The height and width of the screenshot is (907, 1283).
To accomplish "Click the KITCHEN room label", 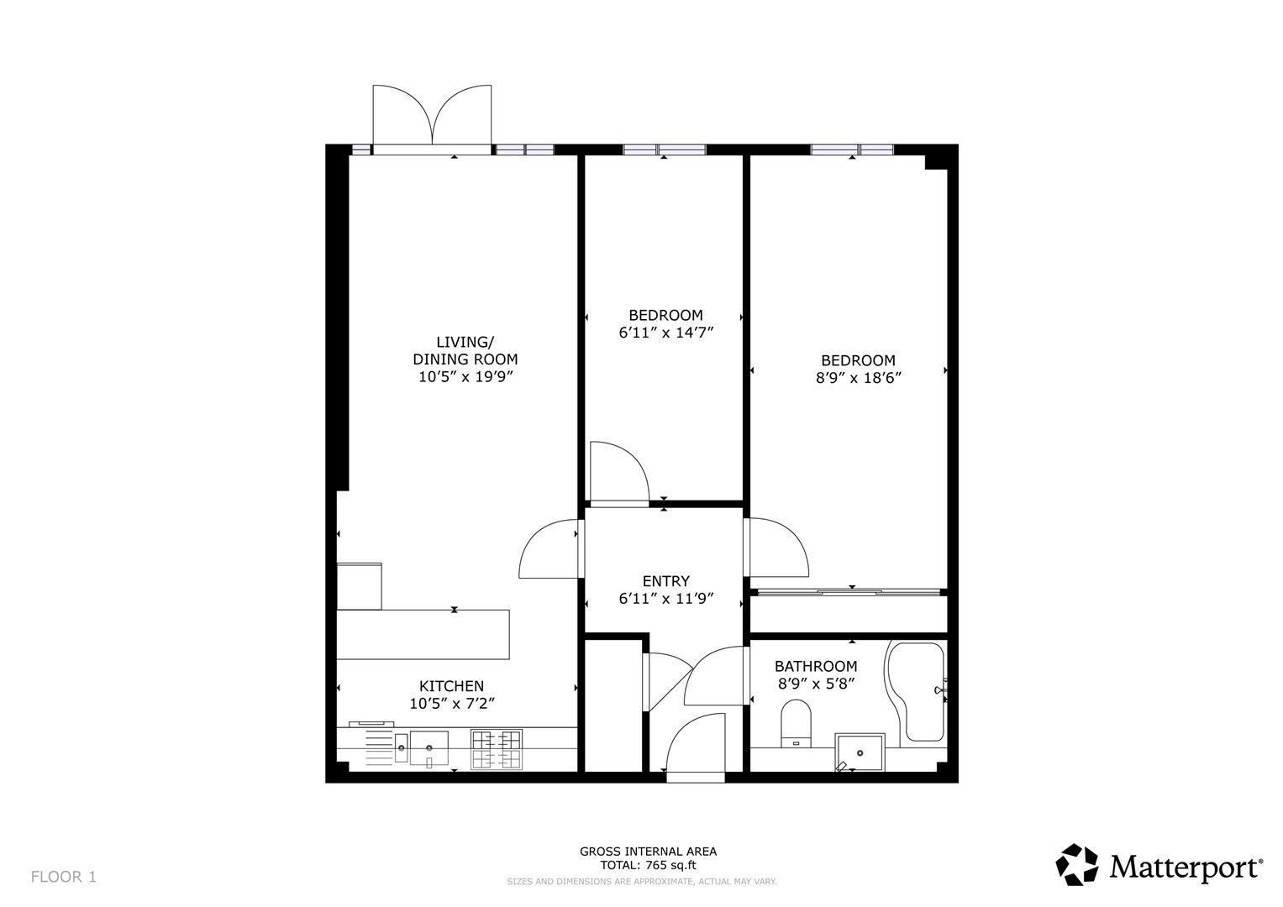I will click(451, 686).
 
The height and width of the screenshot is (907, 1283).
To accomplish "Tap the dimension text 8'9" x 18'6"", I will click(858, 378).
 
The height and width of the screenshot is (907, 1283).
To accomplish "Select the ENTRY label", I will click(665, 581).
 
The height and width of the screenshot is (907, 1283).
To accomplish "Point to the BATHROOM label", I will click(815, 666).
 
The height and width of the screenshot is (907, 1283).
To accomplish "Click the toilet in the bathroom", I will click(795, 725).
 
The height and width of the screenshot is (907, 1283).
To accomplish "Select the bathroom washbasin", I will click(859, 752).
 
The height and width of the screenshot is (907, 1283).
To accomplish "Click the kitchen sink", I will click(429, 747).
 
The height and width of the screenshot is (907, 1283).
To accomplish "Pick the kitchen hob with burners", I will click(496, 749).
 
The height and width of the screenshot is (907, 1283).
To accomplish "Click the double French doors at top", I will click(432, 118).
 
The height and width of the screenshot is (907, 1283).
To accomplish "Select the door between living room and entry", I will click(550, 549).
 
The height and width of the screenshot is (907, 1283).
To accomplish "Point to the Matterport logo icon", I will click(1076, 865).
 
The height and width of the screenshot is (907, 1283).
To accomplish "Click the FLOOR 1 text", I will click(64, 877).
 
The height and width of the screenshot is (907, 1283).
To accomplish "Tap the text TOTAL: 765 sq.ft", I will click(648, 865).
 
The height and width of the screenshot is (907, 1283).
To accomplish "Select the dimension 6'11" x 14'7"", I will click(665, 333).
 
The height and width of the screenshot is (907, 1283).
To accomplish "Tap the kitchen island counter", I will click(423, 634).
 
